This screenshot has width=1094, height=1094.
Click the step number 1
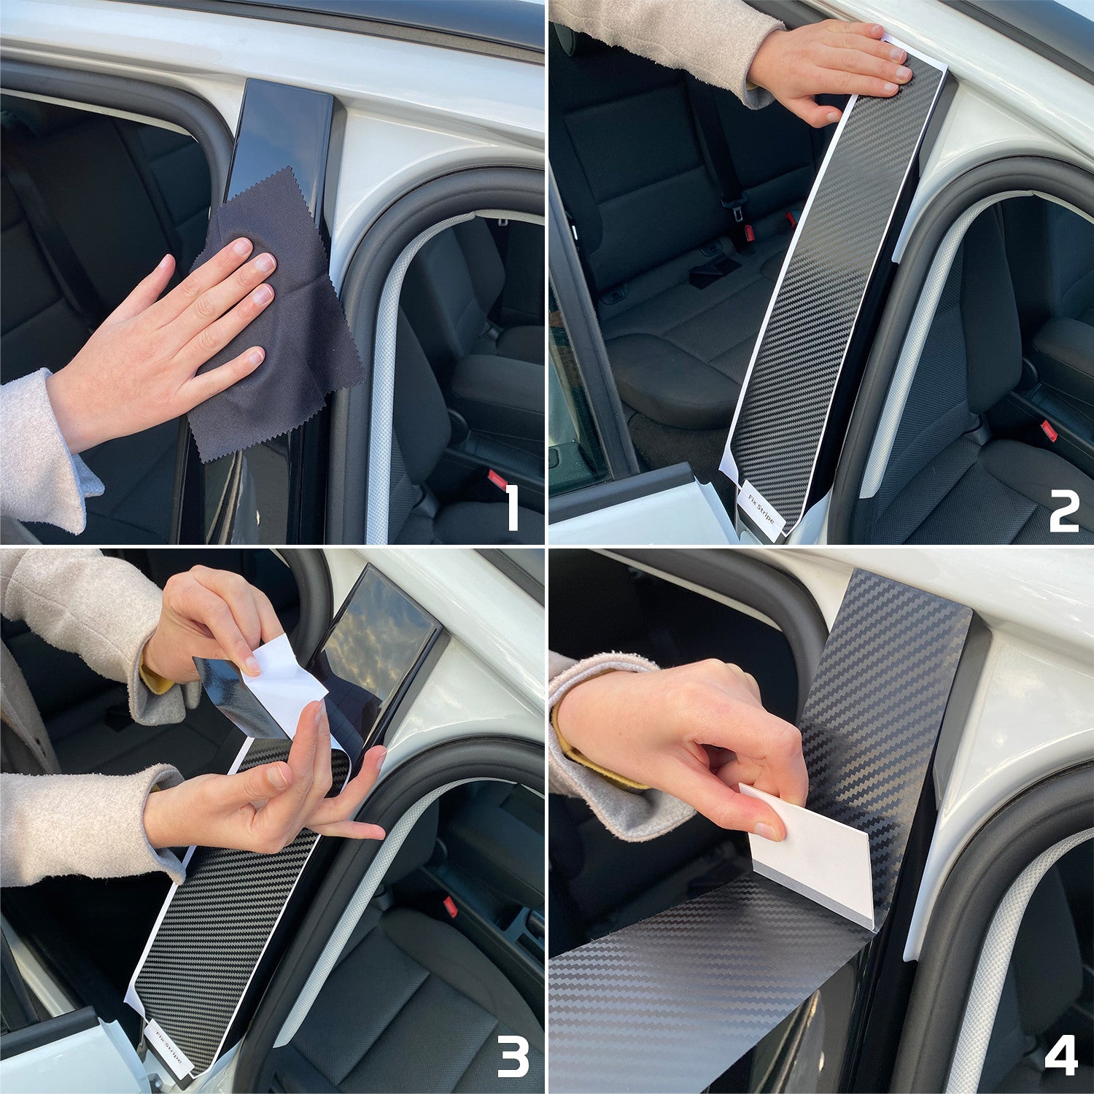point(512,508)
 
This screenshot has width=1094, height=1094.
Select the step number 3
point(512,1058)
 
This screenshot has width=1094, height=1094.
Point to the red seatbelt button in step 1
point(497,479)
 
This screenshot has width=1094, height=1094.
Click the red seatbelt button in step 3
point(450,907)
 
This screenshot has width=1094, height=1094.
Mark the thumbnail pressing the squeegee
point(766,829)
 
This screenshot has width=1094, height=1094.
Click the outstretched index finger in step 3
point(350,831)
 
